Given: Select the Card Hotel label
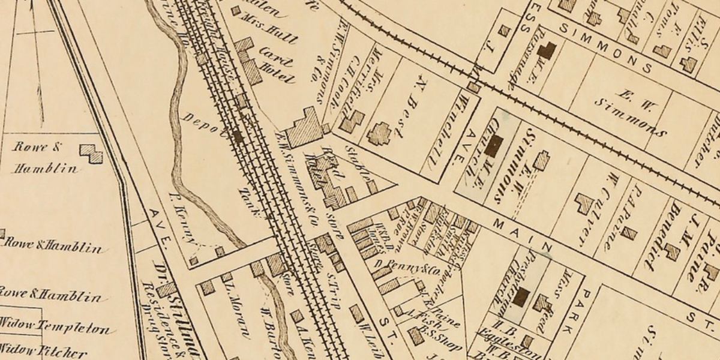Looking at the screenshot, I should pos(277,70).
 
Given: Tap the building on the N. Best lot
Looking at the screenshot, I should pos(379,134).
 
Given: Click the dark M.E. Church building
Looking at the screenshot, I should pos(494,146).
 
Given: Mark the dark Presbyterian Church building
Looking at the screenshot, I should pos(521,296).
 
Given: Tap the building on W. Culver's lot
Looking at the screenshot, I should pos(583,203).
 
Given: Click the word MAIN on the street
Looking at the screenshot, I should pos(520,235).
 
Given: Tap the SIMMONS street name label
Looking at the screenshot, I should pos(605,49).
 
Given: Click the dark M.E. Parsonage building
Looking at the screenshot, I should pos(546,50).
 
